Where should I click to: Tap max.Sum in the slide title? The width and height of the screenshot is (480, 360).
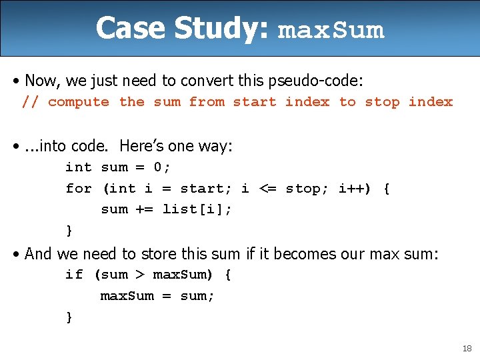coord(331,31)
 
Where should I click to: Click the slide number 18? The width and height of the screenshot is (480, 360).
coord(466,349)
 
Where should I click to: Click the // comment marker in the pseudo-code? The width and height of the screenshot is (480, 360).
coord(30,102)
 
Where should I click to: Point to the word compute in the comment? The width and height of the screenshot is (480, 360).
coord(79,102)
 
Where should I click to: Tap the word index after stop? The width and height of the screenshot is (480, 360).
coord(430,102)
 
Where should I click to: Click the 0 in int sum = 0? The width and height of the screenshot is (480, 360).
coord(158,167)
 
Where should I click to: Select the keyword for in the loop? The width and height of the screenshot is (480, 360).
coord(79,189)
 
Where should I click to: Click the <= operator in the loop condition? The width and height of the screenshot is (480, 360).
coord(267,189)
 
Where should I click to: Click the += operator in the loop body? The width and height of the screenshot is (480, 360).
coord(145,209)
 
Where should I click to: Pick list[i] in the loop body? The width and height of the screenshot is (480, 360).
coord(197,209)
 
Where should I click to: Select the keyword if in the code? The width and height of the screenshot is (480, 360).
coord(74,275)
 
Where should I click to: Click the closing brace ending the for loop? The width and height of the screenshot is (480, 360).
coord(69,231)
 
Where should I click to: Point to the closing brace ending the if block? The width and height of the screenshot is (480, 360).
coord(69,317)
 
